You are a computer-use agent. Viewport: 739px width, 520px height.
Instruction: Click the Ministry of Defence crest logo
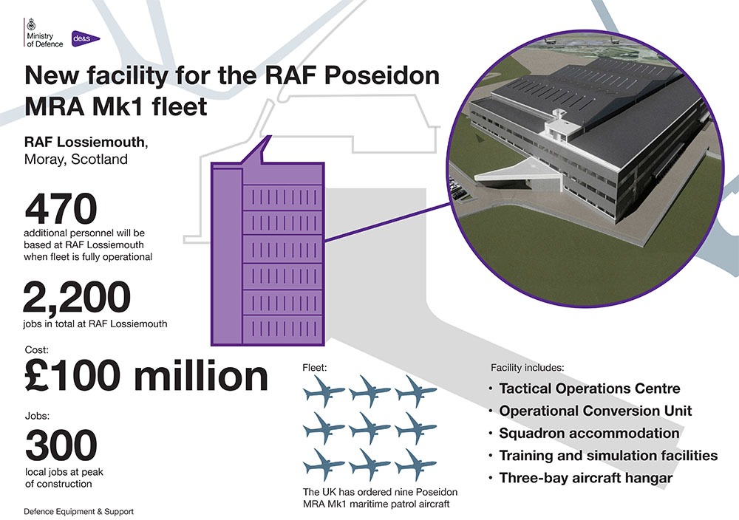click(x=32, y=24)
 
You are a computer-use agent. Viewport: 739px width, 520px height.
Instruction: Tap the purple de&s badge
click(x=85, y=38)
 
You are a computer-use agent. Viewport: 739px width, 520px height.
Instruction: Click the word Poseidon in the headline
click(x=381, y=76)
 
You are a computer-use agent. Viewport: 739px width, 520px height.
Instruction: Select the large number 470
click(x=61, y=209)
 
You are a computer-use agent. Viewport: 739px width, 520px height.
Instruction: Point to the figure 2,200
click(x=77, y=297)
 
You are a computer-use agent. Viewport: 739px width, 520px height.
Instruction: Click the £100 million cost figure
click(x=146, y=376)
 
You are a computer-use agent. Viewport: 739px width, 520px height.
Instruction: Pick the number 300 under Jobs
click(x=61, y=445)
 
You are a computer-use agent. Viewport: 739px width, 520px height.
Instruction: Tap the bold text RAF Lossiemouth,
click(x=86, y=142)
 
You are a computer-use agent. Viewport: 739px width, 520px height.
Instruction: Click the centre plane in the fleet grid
click(x=369, y=428)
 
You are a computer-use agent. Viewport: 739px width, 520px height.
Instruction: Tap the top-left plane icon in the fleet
click(x=324, y=391)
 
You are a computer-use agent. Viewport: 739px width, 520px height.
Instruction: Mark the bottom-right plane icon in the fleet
click(x=415, y=465)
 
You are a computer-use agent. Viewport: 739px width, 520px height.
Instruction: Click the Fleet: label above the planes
click(x=315, y=367)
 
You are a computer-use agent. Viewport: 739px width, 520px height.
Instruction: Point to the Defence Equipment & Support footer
click(x=79, y=512)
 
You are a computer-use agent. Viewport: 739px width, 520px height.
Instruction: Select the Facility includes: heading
click(x=528, y=367)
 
